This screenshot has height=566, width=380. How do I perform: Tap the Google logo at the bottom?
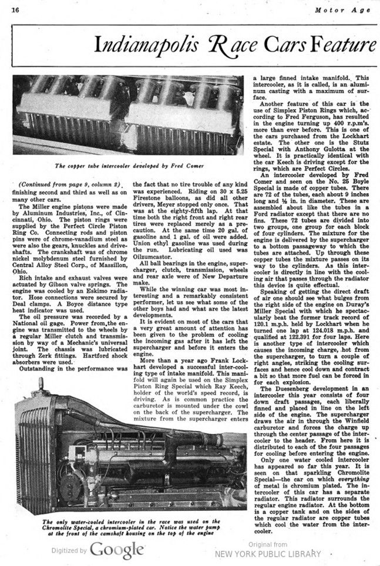coord(117,550)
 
